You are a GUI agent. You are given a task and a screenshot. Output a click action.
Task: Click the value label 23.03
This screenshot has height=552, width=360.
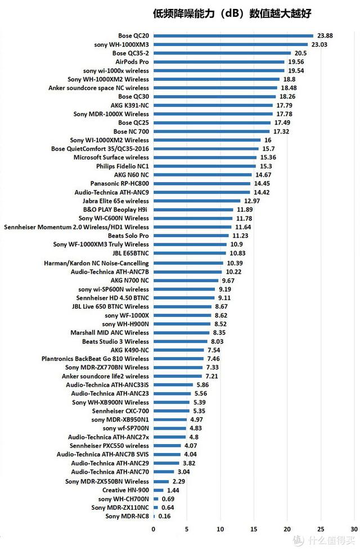[319, 44]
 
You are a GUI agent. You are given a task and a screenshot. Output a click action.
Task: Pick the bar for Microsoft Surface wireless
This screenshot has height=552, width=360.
[204, 157]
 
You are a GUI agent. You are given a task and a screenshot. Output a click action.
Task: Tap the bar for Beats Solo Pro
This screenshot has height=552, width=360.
[191, 236]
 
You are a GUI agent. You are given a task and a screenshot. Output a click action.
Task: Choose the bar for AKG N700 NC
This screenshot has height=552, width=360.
[185, 280]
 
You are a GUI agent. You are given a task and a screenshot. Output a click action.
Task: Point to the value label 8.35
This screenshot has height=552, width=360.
[218, 332]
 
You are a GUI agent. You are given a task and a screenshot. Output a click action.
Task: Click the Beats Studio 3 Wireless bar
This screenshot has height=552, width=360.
[180, 341]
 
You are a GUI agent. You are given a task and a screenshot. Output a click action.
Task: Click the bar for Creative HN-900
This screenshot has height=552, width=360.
[158, 490]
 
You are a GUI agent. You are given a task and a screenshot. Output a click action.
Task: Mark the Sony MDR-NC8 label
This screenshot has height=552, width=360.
[128, 516]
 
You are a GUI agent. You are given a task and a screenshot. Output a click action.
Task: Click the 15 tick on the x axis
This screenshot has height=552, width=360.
[254, 529]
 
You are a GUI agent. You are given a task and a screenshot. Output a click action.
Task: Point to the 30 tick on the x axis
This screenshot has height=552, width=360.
[353, 529]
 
